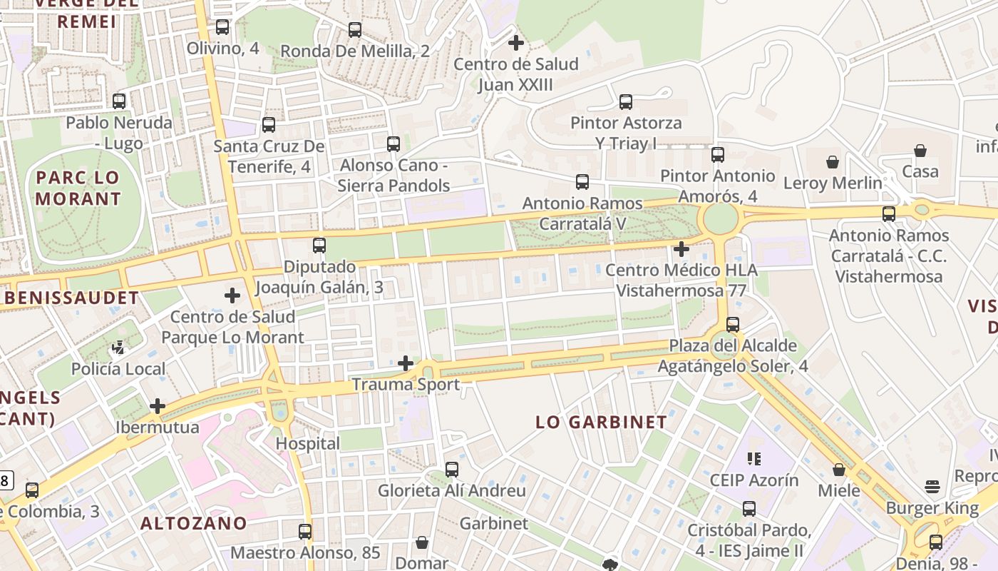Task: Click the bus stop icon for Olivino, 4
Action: coord(222,27)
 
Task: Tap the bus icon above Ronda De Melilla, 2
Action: coord(355,30)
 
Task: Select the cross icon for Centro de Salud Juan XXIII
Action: coord(516,43)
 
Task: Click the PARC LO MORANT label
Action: coord(78,188)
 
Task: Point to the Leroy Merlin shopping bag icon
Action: coord(832,162)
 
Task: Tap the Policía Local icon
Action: coord(118,348)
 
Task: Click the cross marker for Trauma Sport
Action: coord(406,364)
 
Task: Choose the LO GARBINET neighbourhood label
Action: coord(602,422)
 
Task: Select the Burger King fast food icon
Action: coord(932,487)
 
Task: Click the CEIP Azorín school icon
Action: coord(753,458)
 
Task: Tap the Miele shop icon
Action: coord(839,470)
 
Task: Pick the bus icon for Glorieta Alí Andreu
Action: coord(452,470)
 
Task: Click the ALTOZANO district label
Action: coord(193,523)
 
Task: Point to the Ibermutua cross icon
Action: coord(158,407)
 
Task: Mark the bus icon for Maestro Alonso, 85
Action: coord(305,532)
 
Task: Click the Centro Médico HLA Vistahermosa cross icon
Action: coord(681,249)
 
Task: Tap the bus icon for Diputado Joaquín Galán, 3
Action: coord(319,246)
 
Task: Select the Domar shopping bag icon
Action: coord(422,542)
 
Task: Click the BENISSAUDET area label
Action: coord(70,298)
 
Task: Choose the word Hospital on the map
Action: coord(308,443)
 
